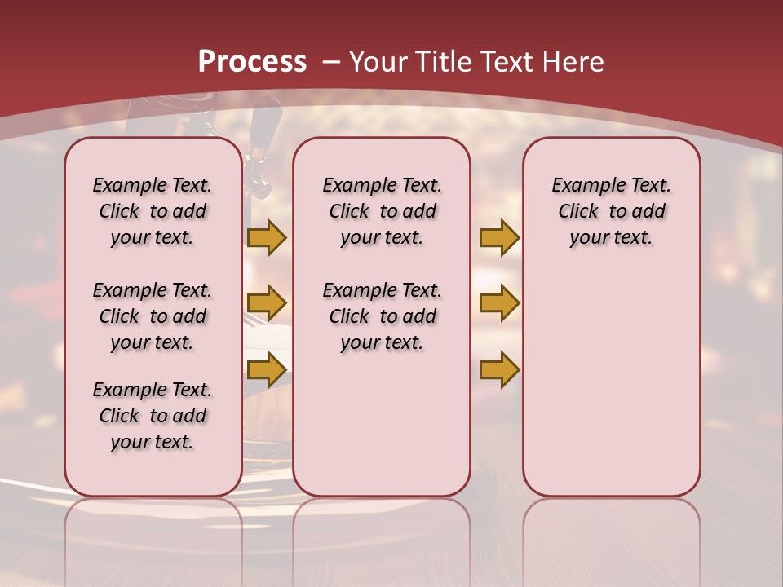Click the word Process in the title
pos(252,61)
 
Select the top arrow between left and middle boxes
pos(267,237)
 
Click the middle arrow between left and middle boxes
pos(267,303)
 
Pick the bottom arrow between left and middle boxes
pos(267,369)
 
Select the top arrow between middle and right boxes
pos(499,237)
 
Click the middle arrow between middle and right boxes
pos(499,303)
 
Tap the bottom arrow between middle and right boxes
pos(499,369)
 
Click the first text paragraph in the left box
pos(153,211)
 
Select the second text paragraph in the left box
pos(153,316)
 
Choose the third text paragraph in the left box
pos(153,416)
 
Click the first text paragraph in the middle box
pos(382,211)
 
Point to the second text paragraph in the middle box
pos(382,316)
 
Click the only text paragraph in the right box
pos(611,211)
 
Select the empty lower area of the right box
pos(611,383)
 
